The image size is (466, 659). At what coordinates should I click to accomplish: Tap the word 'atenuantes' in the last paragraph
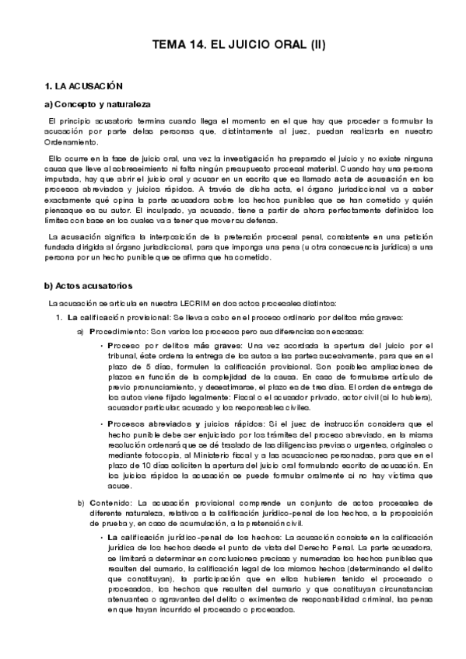click(x=129, y=598)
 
